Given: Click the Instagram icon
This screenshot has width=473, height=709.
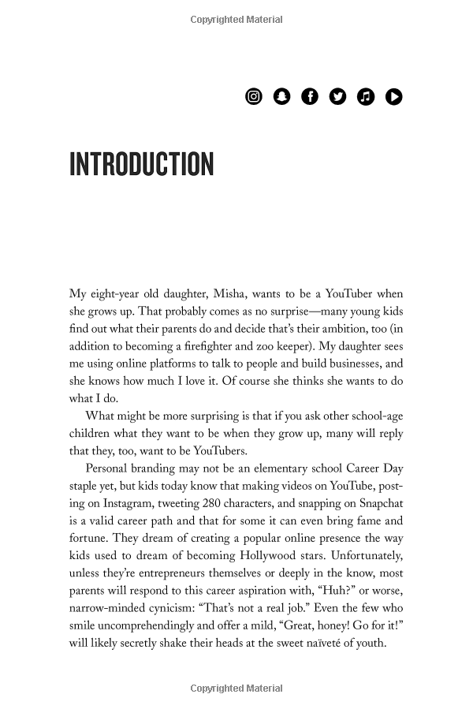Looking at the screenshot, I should (x=254, y=96).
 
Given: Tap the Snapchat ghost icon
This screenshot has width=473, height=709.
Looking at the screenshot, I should (x=281, y=96).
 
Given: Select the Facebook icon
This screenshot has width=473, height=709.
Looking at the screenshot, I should (x=310, y=96).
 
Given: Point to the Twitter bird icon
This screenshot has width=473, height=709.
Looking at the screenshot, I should (x=337, y=96).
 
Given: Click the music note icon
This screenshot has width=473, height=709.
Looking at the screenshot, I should (x=366, y=96).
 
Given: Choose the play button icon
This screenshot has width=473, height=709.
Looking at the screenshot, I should (x=393, y=96).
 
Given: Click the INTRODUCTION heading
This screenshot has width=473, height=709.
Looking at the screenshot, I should (x=142, y=165).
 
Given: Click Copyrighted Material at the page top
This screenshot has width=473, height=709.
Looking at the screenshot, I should (x=236, y=20).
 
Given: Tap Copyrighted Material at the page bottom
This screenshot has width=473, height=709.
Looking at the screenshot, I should (x=236, y=689).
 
